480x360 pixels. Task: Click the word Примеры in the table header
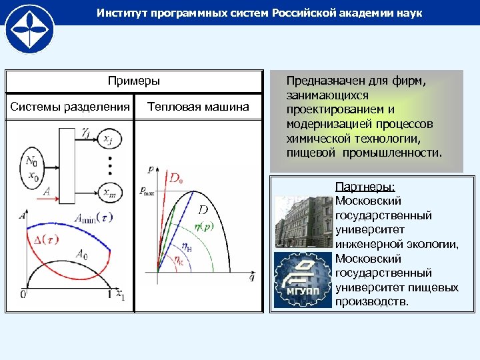coord(134,81)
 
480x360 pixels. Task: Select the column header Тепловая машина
coord(198,107)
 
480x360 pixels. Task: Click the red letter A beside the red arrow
coord(47,191)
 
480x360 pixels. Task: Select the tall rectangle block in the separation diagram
coord(67,164)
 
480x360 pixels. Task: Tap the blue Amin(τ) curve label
coord(93,217)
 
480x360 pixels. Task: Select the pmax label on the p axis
coord(147,191)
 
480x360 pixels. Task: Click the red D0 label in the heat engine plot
coord(176,179)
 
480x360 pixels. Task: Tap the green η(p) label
coord(203,227)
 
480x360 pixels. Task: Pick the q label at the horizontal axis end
coord(251,277)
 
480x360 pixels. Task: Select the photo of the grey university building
coord(302,220)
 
